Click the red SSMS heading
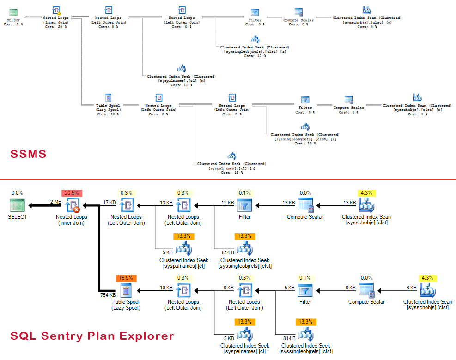(29, 154)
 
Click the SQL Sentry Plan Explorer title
(92, 336)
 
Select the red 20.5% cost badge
(72, 193)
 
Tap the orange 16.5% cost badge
(126, 278)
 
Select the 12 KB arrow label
(228, 202)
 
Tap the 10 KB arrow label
(165, 288)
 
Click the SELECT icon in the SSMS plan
(13, 12)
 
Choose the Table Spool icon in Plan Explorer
(126, 291)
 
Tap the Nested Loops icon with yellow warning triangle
(56, 11)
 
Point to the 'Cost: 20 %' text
(56, 27)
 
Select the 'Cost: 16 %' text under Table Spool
(108, 114)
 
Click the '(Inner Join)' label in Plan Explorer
(72, 223)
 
